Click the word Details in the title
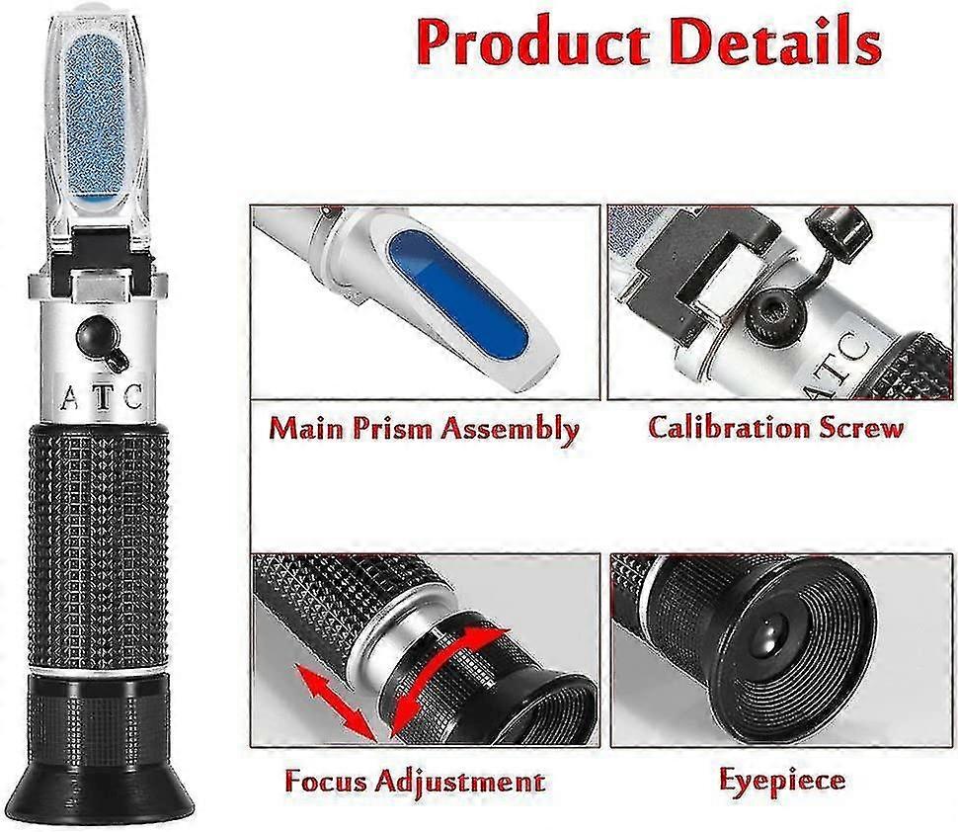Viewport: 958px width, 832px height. click(769, 43)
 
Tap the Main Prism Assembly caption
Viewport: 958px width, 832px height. click(424, 429)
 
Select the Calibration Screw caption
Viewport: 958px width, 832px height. click(775, 428)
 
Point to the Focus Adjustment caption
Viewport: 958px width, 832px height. click(414, 781)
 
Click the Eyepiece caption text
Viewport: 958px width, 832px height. click(781, 780)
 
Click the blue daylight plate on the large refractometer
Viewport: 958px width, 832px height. click(97, 119)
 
